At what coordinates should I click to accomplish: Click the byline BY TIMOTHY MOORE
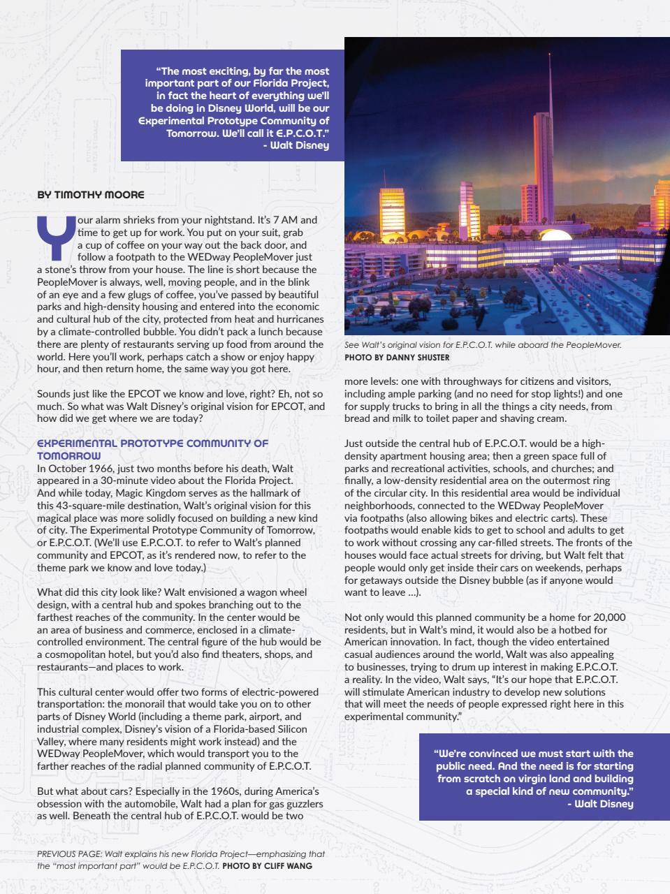point(90,195)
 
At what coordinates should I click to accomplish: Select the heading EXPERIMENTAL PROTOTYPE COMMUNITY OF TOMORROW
point(152,449)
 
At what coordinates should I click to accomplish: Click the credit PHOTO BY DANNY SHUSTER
point(397,358)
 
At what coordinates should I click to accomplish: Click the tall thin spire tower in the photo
point(551,126)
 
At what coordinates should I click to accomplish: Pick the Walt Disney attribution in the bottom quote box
point(599,804)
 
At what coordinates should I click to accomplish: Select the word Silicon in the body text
point(303,729)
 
